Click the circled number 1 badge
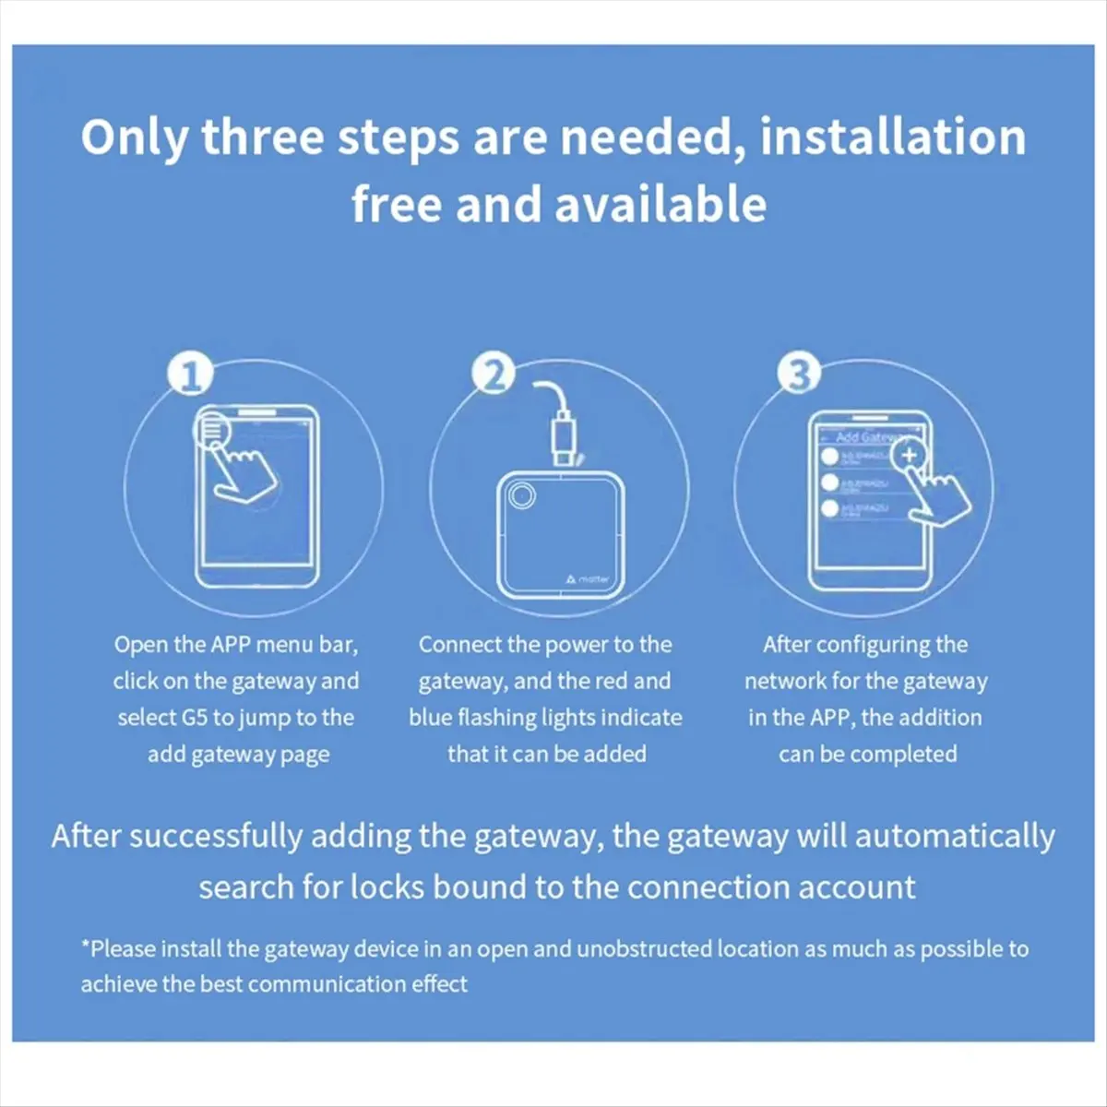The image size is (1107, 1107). click(191, 376)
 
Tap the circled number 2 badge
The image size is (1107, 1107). click(495, 375)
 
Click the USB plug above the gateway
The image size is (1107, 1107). click(562, 439)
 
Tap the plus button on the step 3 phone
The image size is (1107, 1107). click(910, 454)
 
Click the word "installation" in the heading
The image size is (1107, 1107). click(892, 137)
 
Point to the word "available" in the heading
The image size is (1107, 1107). click(661, 205)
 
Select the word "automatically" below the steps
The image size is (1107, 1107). click(955, 836)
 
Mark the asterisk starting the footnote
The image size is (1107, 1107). click(86, 946)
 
